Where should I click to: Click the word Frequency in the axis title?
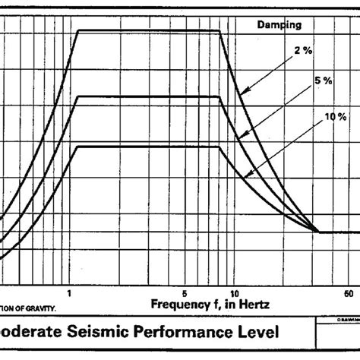(x=178, y=304)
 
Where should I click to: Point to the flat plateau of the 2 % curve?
(x=148, y=30)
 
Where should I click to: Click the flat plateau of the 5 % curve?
(x=148, y=96)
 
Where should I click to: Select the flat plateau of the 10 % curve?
(x=148, y=147)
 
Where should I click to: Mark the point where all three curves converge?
(x=317, y=232)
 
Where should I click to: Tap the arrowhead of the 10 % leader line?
(x=247, y=176)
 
